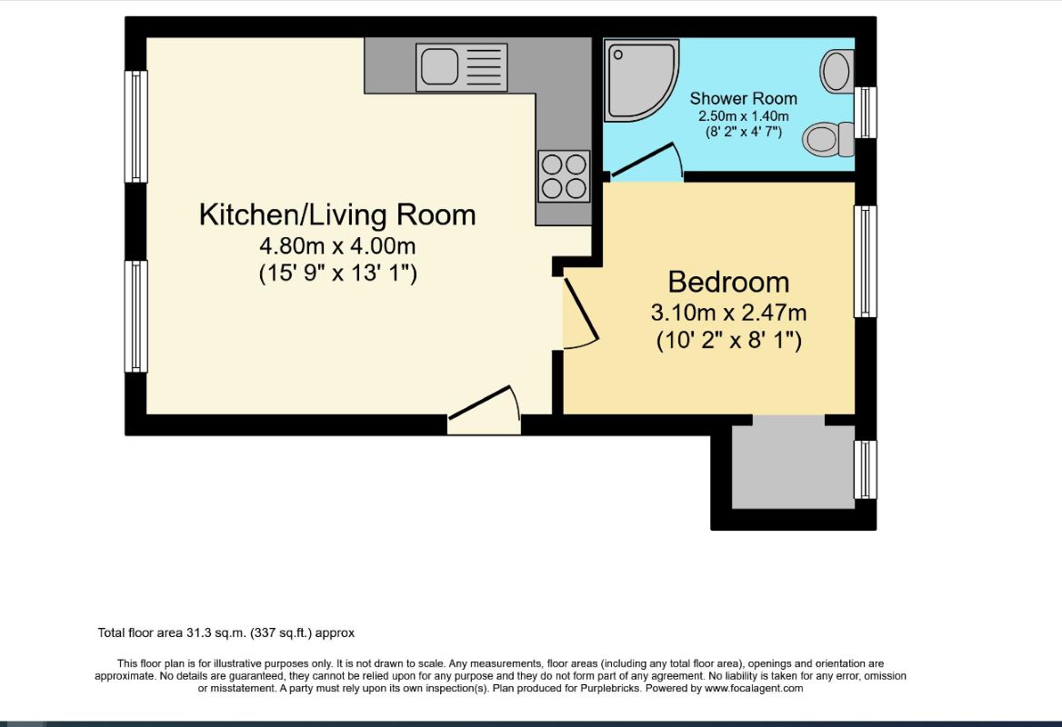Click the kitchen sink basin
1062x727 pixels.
(x=439, y=67)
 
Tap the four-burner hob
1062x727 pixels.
(x=564, y=176)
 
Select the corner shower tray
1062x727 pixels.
(x=641, y=81)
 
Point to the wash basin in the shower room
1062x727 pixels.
(x=837, y=70)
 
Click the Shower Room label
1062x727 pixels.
(x=743, y=99)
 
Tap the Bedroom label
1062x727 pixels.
(x=728, y=282)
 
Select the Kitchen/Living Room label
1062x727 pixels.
(x=337, y=214)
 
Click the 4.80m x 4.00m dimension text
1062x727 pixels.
(x=337, y=245)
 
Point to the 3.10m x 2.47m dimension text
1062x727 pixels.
(x=728, y=313)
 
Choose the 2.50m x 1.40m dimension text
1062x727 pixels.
(x=744, y=116)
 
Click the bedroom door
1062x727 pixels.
(x=580, y=309)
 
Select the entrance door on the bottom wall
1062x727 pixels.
(x=484, y=410)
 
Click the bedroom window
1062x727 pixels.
(x=865, y=262)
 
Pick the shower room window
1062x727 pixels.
(x=865, y=113)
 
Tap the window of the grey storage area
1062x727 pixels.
(x=865, y=470)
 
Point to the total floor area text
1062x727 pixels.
(x=226, y=632)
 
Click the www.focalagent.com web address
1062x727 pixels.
(x=753, y=689)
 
